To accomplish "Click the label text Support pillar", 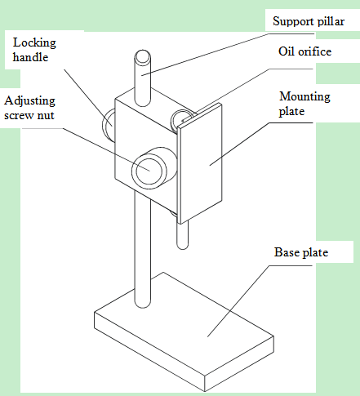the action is pyautogui.click(x=309, y=21).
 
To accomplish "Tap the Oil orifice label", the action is pyautogui.click(x=304, y=51).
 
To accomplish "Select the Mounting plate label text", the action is pyautogui.click(x=304, y=104).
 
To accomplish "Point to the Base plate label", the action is pyautogui.click(x=301, y=252).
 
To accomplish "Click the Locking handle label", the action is pyautogui.click(x=34, y=50).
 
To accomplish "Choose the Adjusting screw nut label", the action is pyautogui.click(x=29, y=108).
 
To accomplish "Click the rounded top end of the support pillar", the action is pyautogui.click(x=142, y=57).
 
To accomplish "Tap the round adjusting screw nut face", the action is pyautogui.click(x=149, y=171).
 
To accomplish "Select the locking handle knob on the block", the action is pyautogui.click(x=109, y=125).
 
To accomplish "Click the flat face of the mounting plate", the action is pyautogui.click(x=200, y=163).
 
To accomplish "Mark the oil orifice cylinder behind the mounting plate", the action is pyautogui.click(x=181, y=120).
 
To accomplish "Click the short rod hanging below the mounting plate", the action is pyautogui.click(x=182, y=235).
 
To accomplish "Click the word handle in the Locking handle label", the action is pyautogui.click(x=30, y=57).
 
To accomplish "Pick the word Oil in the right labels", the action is pyautogui.click(x=286, y=51).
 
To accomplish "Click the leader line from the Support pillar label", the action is pyautogui.click(x=228, y=55).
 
